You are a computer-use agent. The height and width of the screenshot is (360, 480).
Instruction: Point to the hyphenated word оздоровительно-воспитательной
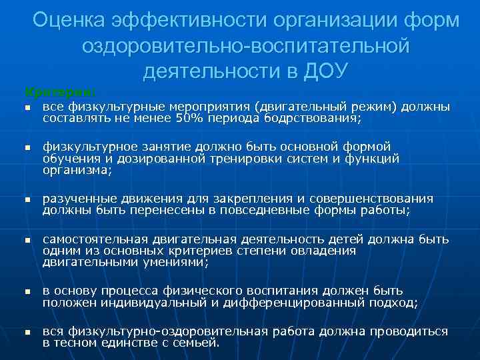(245, 45)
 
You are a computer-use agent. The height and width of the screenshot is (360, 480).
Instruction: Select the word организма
(77, 170)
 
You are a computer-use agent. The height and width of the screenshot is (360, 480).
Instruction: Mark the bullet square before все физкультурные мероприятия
(27, 107)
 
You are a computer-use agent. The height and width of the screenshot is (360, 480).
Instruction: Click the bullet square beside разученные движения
(27, 199)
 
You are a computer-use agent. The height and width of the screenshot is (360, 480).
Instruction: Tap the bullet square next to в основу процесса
(27, 292)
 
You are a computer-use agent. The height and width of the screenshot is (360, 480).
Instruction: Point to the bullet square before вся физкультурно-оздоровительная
(27, 332)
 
